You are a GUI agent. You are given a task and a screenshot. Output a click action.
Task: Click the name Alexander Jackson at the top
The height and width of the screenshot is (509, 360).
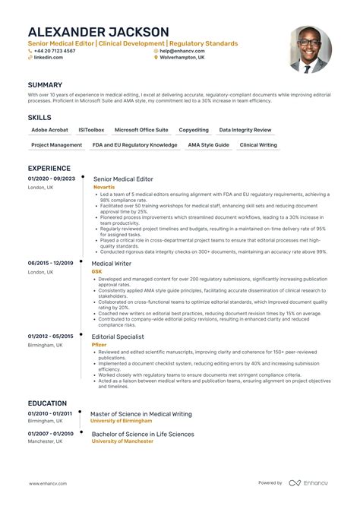click(99, 32)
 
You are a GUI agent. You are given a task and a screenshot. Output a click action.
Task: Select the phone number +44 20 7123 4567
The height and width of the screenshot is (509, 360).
click(55, 51)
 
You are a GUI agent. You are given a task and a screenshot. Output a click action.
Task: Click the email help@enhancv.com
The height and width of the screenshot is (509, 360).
click(185, 51)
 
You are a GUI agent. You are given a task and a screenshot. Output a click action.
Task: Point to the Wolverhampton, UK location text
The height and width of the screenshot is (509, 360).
click(183, 58)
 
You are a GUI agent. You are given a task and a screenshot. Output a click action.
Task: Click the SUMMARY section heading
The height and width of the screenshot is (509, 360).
click(45, 85)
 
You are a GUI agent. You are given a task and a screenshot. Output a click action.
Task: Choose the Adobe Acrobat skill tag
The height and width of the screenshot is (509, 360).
click(49, 131)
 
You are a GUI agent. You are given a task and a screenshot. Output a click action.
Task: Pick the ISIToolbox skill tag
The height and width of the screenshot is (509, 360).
click(92, 131)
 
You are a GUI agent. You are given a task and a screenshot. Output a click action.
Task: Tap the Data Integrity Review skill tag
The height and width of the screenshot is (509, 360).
click(245, 131)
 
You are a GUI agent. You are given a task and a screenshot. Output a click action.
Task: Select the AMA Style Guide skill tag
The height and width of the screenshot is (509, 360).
click(209, 145)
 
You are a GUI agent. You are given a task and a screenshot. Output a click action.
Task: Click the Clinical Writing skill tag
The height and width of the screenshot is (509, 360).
click(259, 145)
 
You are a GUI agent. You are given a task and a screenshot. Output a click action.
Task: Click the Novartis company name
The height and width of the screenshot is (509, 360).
click(104, 186)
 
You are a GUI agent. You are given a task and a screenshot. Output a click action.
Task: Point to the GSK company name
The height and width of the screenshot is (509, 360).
click(96, 271)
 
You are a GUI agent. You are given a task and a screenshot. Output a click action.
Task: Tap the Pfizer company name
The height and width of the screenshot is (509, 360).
click(99, 344)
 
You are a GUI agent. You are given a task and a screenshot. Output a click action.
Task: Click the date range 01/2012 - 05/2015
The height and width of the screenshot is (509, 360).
click(50, 336)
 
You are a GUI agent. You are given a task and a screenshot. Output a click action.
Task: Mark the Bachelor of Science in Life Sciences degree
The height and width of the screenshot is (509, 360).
click(143, 435)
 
